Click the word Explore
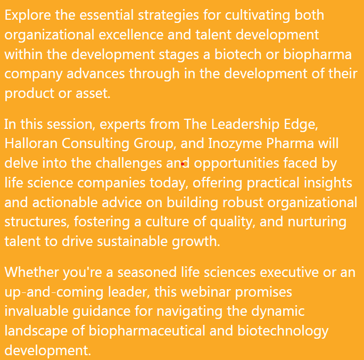28,15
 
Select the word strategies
168,16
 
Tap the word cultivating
258,16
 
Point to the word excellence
131,35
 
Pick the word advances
96,74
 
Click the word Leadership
245,125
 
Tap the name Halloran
31,143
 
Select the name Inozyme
235,144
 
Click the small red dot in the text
183,164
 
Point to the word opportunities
236,163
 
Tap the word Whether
32,272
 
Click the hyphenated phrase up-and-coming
54,293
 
